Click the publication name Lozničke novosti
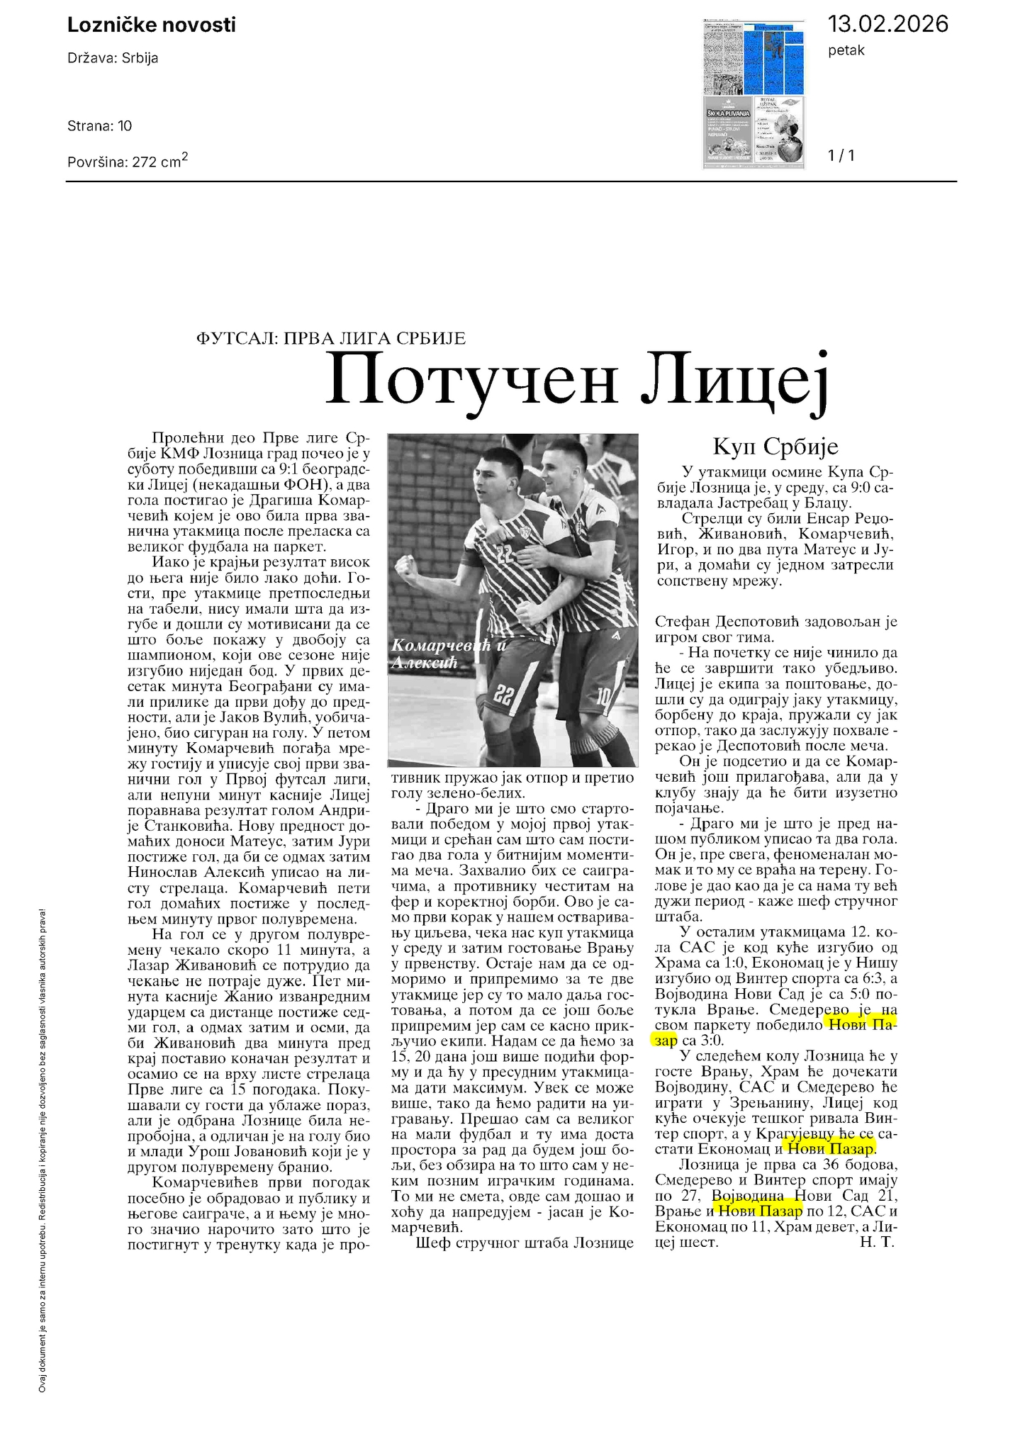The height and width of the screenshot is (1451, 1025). coord(151,26)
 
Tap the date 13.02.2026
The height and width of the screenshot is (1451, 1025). coord(887,24)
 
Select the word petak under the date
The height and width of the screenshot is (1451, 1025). coord(846,50)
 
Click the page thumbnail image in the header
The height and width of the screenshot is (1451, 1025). coord(754,94)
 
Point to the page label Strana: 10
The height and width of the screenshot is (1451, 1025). coord(99,126)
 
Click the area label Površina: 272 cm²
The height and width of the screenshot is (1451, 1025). coord(128,160)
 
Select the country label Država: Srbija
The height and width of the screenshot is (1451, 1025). coord(113,58)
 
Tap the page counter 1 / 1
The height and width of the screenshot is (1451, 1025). coord(841,155)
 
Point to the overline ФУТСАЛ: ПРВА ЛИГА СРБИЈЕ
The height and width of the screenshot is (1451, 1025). coord(330,338)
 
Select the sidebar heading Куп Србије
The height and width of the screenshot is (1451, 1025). coord(775,447)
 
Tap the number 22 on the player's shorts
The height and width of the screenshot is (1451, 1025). coord(503,695)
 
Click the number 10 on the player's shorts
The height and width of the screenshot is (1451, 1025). coord(603,698)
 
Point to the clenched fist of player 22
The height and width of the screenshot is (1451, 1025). coord(406,568)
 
